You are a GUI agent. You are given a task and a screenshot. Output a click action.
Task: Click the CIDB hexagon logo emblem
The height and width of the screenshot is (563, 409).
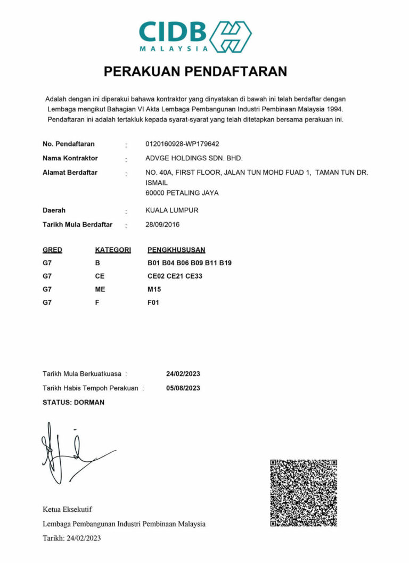coord(230,36)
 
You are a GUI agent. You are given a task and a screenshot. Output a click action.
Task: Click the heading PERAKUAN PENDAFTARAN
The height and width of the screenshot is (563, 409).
coord(195,71)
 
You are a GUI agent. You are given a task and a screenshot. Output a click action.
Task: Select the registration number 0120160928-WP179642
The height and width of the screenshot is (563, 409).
coord(182,144)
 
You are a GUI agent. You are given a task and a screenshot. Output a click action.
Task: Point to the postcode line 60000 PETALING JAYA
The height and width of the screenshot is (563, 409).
coord(182,193)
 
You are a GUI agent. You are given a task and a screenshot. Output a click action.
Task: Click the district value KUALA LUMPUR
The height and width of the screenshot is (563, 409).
coord(171,210)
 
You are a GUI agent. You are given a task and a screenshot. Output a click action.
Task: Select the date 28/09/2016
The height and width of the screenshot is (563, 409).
coord(162,225)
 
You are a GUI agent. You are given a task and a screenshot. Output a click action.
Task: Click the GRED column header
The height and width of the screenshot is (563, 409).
coord(52,250)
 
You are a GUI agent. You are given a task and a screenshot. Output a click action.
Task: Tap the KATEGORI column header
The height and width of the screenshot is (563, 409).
coord(113,250)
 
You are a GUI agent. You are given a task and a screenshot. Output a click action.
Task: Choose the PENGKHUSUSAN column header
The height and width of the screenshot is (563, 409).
coord(176,250)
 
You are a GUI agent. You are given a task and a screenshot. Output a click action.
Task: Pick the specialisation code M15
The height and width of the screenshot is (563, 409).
coord(154,289)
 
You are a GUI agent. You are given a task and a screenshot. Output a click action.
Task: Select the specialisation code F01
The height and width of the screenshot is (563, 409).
coord(153,303)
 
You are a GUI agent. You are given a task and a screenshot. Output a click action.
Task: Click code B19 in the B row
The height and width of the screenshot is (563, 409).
coord(225,263)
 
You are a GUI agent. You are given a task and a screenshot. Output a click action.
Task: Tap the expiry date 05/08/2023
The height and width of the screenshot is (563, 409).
coord(183,388)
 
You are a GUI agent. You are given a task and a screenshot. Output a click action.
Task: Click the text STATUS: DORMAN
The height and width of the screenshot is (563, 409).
coord(73,403)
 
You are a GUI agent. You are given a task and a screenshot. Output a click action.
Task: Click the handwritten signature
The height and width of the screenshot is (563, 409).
coord(69,453)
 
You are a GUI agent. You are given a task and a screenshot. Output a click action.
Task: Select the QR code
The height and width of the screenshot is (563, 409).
coord(304,493)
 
